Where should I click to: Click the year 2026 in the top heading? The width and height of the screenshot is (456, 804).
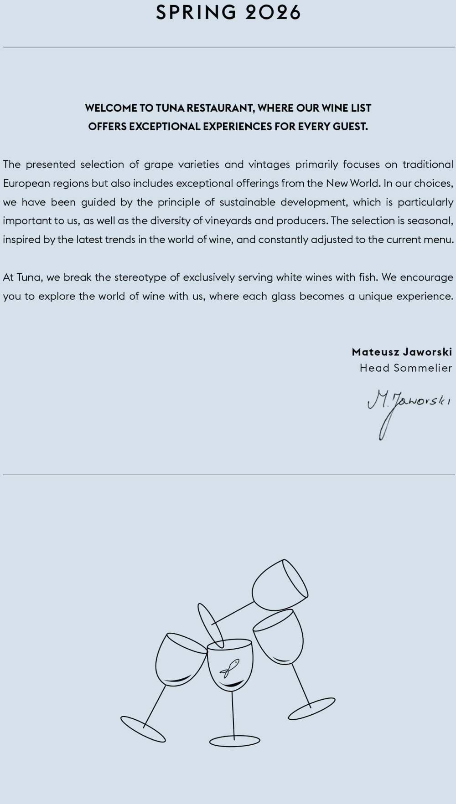[x=273, y=13]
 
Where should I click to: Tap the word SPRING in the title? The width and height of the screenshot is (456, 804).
[x=197, y=13]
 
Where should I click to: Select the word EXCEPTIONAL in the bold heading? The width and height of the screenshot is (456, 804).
[x=165, y=127]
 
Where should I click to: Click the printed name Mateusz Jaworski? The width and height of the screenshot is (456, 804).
[x=402, y=352]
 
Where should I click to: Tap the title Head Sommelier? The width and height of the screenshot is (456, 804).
[x=406, y=368]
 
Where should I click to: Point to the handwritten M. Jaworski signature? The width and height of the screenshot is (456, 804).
[x=408, y=405]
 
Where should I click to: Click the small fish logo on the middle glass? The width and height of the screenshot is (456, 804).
[x=229, y=668]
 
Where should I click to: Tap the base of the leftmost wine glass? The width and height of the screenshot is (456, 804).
[x=143, y=729]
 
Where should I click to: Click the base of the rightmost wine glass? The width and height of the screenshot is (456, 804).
[x=311, y=709]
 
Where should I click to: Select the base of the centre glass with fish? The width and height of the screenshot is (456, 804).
[x=234, y=741]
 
